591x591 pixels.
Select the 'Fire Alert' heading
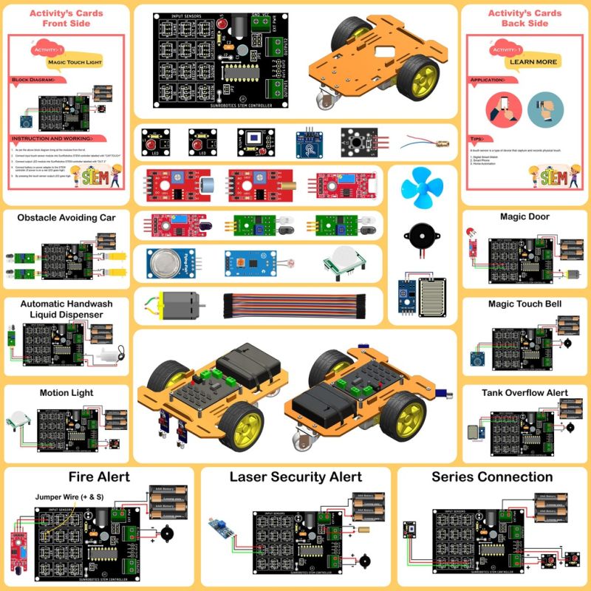[x=98, y=476]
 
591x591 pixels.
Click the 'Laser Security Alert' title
[x=295, y=476]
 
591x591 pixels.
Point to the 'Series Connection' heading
[x=492, y=476]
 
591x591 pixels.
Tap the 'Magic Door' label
[x=524, y=216]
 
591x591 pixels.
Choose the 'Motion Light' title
[x=66, y=393]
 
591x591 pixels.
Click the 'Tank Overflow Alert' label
[x=525, y=393]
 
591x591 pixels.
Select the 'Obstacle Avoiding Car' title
[x=66, y=217]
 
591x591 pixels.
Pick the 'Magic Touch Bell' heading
[x=525, y=304]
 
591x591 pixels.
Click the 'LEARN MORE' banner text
[x=533, y=62]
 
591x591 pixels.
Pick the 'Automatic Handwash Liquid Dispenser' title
[x=66, y=309]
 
